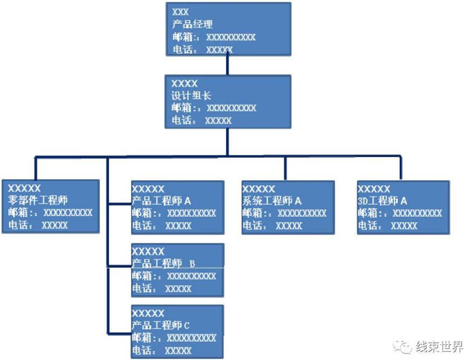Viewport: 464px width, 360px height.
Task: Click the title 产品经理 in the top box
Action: pyautogui.click(x=193, y=24)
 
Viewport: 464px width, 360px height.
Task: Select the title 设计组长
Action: pyautogui.click(x=191, y=96)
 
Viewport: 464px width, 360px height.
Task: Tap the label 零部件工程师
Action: pyautogui.click(x=38, y=200)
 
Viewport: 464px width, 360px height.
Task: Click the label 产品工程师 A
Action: pyautogui.click(x=161, y=201)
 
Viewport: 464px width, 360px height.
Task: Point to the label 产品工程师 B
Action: pyautogui.click(x=163, y=263)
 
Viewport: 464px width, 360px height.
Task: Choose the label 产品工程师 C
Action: pyautogui.click(x=161, y=325)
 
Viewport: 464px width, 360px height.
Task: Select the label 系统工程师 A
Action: pyautogui.click(x=272, y=201)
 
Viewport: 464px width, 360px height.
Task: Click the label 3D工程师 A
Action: pyautogui.click(x=383, y=201)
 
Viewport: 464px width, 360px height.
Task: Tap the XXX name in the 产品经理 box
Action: pyautogui.click(x=180, y=11)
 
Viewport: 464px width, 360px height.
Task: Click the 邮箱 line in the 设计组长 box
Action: pyautogui.click(x=214, y=108)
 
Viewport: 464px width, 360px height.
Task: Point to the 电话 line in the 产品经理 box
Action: pyautogui.click(x=202, y=50)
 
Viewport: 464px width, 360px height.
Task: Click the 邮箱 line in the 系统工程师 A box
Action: pyautogui.click(x=284, y=213)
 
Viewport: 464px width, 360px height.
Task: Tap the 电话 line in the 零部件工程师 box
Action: pyautogui.click(x=38, y=225)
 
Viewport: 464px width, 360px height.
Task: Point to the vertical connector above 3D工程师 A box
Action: pyautogui.click(x=401, y=168)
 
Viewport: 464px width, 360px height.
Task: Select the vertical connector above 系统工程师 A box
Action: pyautogui.click(x=285, y=168)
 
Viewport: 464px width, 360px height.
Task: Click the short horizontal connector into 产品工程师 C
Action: pyautogui.click(x=119, y=330)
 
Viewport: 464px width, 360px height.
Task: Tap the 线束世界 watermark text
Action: pyautogui.click(x=439, y=346)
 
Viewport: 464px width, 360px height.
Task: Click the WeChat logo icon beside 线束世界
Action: pyautogui.click(x=404, y=346)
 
